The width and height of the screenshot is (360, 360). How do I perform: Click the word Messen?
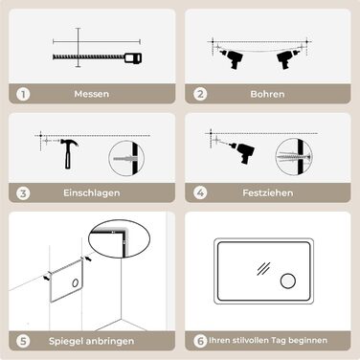pyautogui.click(x=92, y=94)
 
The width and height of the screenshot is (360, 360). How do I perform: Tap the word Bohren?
pyautogui.click(x=267, y=94)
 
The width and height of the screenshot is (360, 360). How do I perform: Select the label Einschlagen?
pyautogui.click(x=92, y=192)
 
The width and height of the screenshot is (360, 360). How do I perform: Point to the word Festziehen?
pyautogui.click(x=268, y=192)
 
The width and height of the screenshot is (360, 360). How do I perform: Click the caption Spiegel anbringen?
pyautogui.click(x=92, y=341)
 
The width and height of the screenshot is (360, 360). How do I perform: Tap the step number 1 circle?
pyautogui.click(x=23, y=94)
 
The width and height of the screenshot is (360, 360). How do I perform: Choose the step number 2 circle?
pyautogui.click(x=200, y=94)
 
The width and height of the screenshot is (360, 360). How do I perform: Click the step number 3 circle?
pyautogui.click(x=23, y=193)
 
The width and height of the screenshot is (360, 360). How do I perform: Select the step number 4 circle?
pyautogui.click(x=200, y=192)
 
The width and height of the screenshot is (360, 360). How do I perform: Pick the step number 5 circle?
pyautogui.click(x=23, y=341)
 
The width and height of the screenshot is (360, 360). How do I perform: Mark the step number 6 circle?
pyautogui.click(x=200, y=341)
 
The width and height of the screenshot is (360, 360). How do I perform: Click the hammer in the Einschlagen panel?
pyautogui.click(x=68, y=153)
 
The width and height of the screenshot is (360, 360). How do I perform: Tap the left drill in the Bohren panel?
pyautogui.click(x=233, y=58)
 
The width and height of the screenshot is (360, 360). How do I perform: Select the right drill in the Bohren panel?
pyautogui.click(x=286, y=58)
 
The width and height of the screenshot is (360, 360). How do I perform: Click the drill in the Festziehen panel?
pyautogui.click(x=242, y=152)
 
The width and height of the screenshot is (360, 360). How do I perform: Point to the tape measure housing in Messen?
pyautogui.click(x=133, y=58)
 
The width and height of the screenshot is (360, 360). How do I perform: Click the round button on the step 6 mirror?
pyautogui.click(x=288, y=281)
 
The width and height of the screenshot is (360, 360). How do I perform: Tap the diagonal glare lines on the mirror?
pyautogui.click(x=263, y=269)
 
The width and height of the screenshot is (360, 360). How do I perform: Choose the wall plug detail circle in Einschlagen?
pyautogui.click(x=126, y=158)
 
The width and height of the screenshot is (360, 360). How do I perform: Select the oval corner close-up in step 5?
pyautogui.click(x=119, y=238)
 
